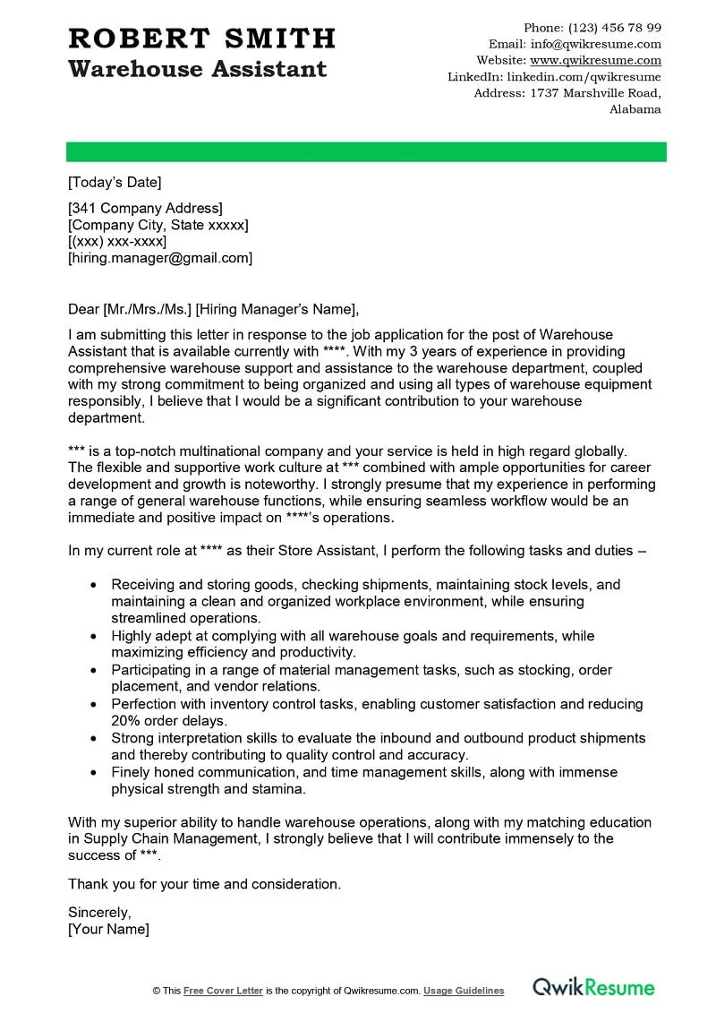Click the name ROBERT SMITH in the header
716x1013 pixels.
(x=202, y=39)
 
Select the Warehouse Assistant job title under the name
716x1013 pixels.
(x=198, y=69)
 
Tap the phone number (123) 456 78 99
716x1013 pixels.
(x=615, y=28)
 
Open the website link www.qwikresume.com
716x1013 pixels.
(x=595, y=61)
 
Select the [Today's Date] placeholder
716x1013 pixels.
(x=115, y=183)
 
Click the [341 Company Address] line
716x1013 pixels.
(x=145, y=209)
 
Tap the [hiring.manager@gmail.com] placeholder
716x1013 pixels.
(x=160, y=258)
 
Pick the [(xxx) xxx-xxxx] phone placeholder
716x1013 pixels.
(x=117, y=242)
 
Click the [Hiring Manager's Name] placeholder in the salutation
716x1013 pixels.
(x=276, y=310)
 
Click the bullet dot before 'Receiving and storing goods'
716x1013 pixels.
(x=94, y=585)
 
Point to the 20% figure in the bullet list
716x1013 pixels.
(x=125, y=721)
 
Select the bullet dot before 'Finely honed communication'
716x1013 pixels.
(x=94, y=772)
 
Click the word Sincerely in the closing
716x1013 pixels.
(x=99, y=913)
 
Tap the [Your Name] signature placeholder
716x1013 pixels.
(x=108, y=930)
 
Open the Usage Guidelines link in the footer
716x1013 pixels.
(x=464, y=991)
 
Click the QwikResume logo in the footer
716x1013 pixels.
(x=593, y=988)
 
